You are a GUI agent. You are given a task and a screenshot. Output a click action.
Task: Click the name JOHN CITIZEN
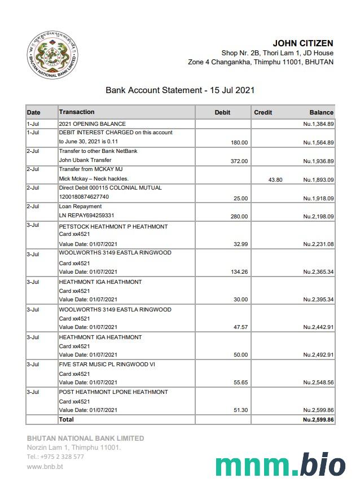tap(302, 43)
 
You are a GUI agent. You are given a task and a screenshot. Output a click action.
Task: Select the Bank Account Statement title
tap(180, 90)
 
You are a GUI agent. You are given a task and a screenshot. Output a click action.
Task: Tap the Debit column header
tap(223, 112)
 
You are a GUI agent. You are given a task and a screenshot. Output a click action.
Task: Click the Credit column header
tap(263, 112)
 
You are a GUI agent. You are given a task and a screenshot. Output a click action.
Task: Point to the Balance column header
tap(322, 112)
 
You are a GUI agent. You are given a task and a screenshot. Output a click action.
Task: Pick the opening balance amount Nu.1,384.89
tap(318, 124)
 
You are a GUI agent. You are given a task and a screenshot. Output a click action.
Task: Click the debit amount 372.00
tap(239, 161)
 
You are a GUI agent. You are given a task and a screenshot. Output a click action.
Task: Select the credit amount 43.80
tap(275, 180)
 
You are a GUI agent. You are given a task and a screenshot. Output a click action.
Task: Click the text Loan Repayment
tap(80, 207)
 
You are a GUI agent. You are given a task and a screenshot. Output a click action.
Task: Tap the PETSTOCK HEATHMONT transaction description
tap(113, 226)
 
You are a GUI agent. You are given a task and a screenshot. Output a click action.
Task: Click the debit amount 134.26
tap(239, 272)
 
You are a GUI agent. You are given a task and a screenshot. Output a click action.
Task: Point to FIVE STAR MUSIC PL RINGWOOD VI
tap(107, 365)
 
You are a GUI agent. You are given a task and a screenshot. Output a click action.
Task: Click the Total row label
tap(67, 419)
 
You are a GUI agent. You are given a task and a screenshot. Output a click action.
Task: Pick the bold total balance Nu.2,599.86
tap(318, 420)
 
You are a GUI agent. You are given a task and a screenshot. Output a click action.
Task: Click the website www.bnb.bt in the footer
tap(45, 467)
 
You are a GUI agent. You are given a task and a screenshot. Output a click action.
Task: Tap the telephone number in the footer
tap(55, 457)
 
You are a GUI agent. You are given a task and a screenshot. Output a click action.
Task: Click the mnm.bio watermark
tap(280, 466)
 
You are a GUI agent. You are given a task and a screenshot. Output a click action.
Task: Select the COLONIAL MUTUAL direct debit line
tap(110, 188)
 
